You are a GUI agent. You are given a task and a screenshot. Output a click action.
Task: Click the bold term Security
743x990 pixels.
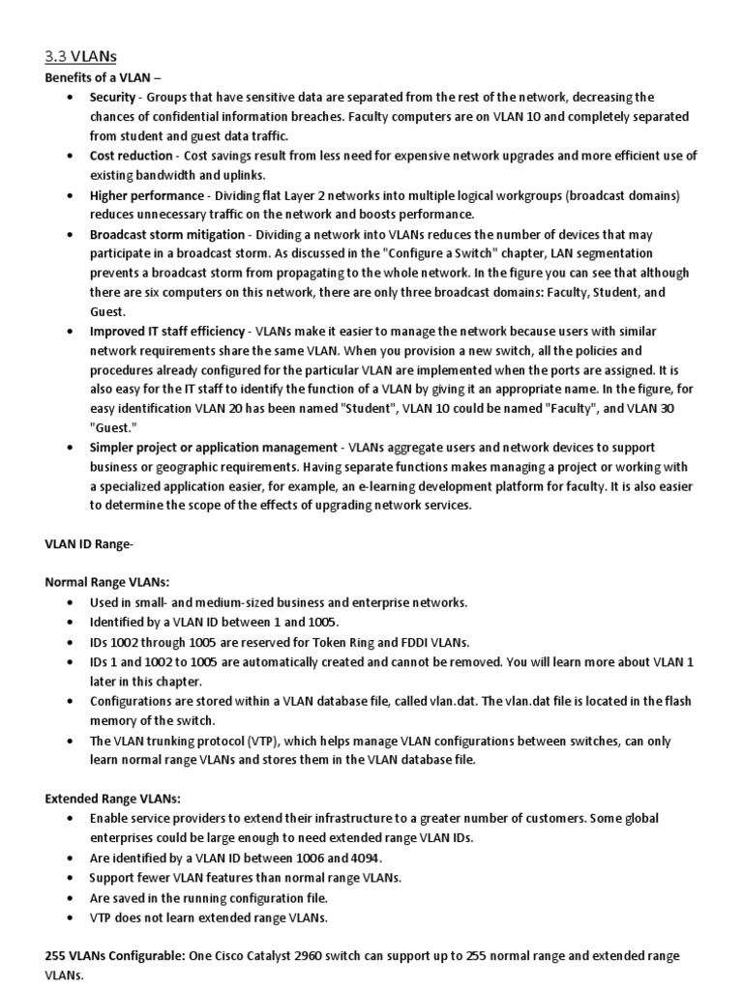pos(113,97)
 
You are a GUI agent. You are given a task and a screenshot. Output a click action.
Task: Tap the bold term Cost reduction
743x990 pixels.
pos(131,155)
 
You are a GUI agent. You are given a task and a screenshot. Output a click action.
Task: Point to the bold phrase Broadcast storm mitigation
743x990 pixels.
pos(165,235)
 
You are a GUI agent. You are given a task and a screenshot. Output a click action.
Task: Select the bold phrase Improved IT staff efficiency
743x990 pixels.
pos(167,331)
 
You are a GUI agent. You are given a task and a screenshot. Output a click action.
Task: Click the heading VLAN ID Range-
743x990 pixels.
pos(89,544)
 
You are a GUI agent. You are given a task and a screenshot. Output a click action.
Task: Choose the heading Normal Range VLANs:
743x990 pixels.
pos(107,582)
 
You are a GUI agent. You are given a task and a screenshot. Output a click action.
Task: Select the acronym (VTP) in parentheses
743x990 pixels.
pos(246,741)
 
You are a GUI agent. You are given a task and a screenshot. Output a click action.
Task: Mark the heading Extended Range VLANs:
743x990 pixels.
pos(113,798)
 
